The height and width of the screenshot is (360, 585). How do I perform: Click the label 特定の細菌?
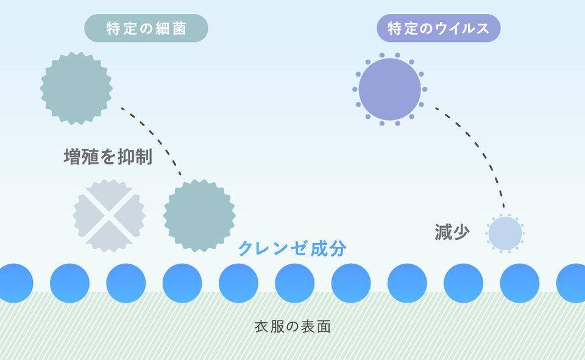pos(146,29)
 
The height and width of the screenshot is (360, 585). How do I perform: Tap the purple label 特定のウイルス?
pos(438,29)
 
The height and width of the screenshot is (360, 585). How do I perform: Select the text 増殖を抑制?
pos(108,157)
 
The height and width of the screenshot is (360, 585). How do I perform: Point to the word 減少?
pos(452,232)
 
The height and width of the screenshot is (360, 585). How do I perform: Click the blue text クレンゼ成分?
pos(292,248)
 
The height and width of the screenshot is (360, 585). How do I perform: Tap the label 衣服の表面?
pos(292,326)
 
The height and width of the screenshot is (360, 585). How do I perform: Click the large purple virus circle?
pos(390,89)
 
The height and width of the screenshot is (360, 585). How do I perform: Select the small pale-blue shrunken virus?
pos(505,233)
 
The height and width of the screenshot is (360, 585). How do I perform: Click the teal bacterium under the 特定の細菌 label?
pos(77,88)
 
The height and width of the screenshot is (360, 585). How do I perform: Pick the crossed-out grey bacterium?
pos(109,216)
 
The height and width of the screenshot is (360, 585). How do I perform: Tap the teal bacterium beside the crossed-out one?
pos(199,216)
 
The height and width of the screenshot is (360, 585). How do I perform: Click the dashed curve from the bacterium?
pos(157,136)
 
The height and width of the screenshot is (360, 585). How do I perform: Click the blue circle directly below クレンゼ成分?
pos(295,283)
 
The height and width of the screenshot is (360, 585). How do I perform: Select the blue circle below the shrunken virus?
pos(520,283)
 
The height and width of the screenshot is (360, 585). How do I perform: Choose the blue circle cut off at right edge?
pos(571,283)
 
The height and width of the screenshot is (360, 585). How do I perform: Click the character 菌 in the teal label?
pos(179,29)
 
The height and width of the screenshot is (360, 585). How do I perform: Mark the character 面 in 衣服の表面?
pos(324,326)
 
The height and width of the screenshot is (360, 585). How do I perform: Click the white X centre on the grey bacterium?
pos(109,216)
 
